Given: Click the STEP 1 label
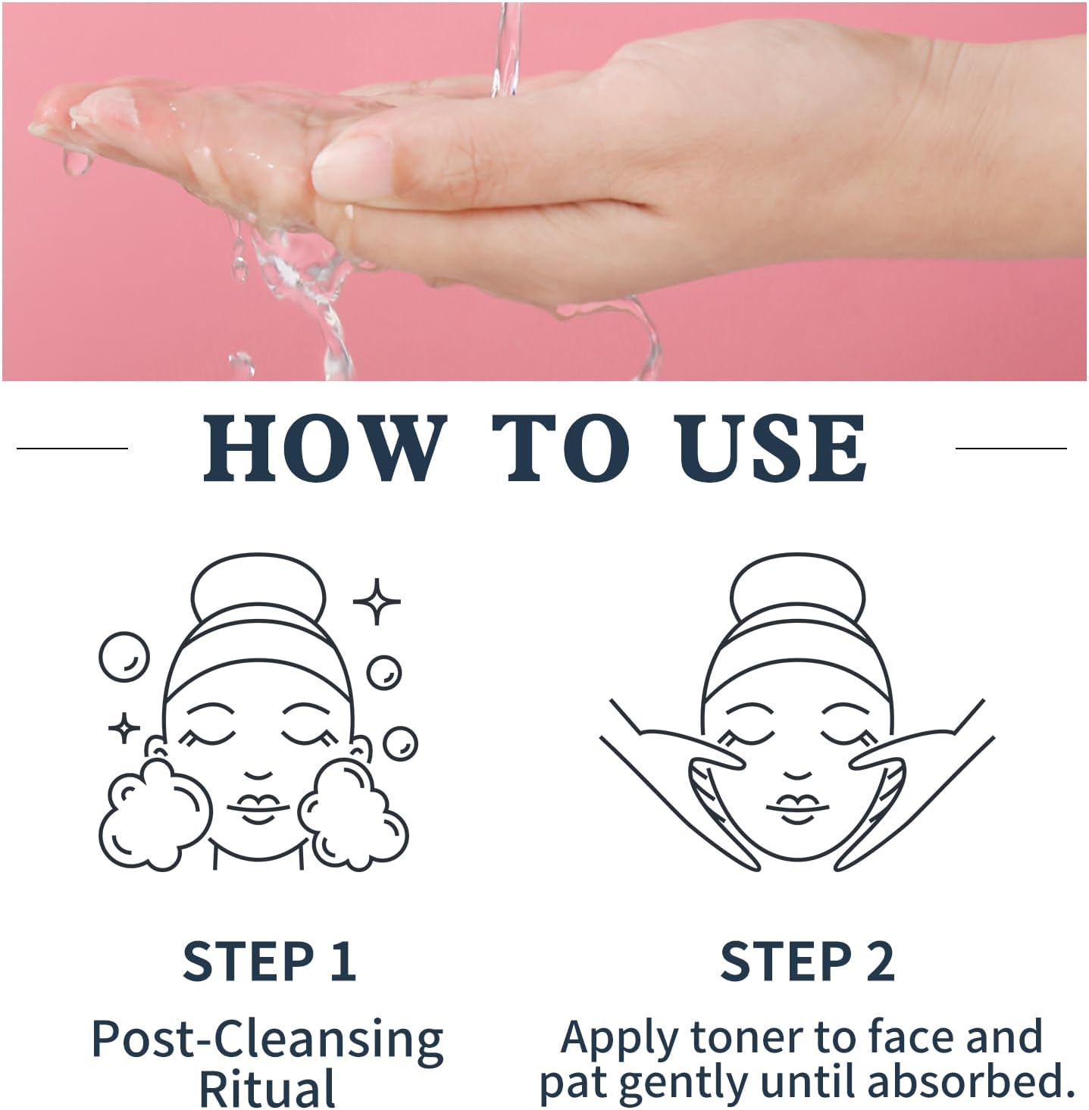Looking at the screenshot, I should (269, 961).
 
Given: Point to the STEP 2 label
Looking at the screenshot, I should (807, 961).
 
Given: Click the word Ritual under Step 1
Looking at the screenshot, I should (267, 1088).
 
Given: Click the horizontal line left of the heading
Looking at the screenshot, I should (72, 449).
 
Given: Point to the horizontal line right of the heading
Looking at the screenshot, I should (1011, 449).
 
